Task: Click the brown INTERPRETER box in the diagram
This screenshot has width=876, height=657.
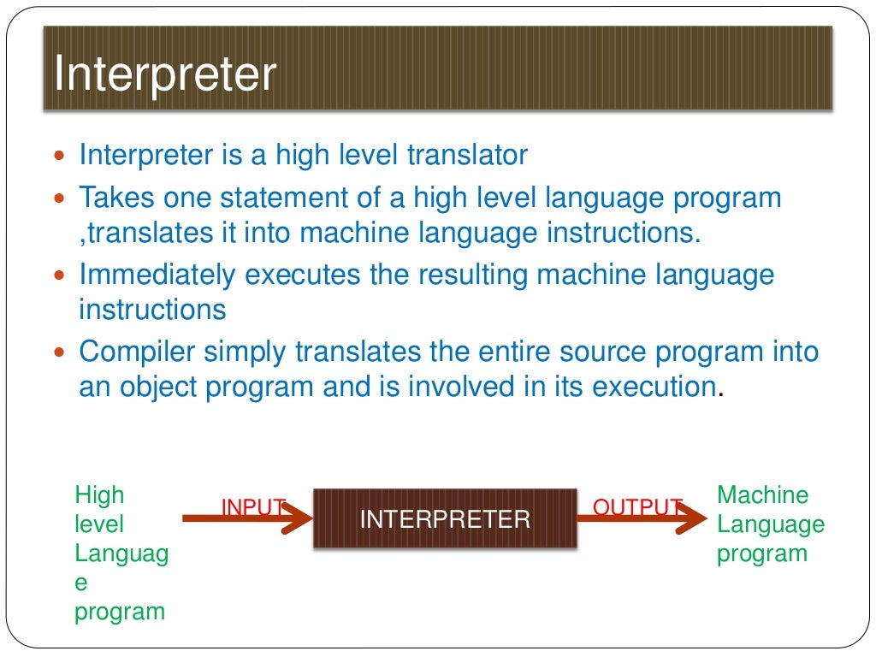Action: pyautogui.click(x=445, y=518)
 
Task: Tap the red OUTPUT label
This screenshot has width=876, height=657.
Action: pyautogui.click(x=636, y=507)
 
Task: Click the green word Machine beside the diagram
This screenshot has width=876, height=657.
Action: pyautogui.click(x=762, y=494)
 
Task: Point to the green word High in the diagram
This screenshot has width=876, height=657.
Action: pyautogui.click(x=99, y=494)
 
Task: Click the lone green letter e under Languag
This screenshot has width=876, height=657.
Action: pyautogui.click(x=81, y=583)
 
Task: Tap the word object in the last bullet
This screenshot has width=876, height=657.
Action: pyautogui.click(x=155, y=387)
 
